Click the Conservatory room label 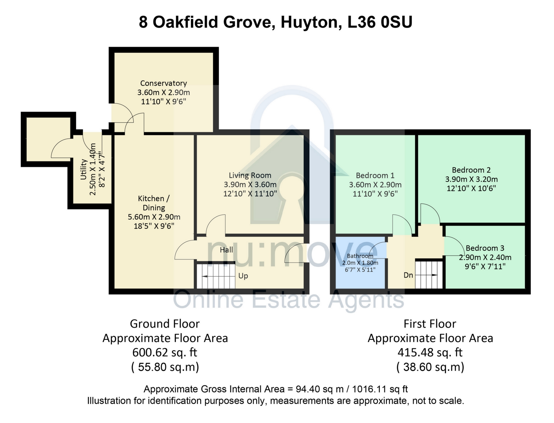pyautogui.click(x=164, y=83)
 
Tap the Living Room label pyautogui.click(x=250, y=175)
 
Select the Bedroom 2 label pyautogui.click(x=471, y=170)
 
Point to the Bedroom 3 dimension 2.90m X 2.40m pyautogui.click(x=485, y=257)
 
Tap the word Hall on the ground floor pyautogui.click(x=227, y=250)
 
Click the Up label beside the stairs pyautogui.click(x=243, y=276)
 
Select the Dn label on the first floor pyautogui.click(x=408, y=275)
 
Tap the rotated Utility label pyautogui.click(x=83, y=169)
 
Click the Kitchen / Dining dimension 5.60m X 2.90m pyautogui.click(x=154, y=217)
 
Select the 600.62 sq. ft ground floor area pyautogui.click(x=165, y=352)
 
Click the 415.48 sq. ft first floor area pyautogui.click(x=430, y=352)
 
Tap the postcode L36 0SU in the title pyautogui.click(x=380, y=22)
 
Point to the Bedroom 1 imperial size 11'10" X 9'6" pyautogui.click(x=375, y=194)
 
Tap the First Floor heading pyautogui.click(x=430, y=324)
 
